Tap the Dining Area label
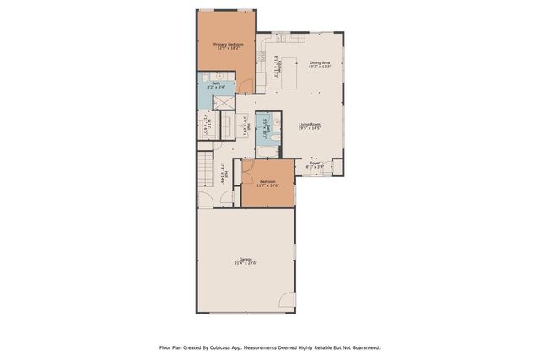click(320, 62)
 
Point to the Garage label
click(246, 259)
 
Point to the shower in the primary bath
click(224, 102)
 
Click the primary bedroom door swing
click(245, 85)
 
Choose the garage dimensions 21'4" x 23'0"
click(246, 264)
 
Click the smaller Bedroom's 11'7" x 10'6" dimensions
click(268, 186)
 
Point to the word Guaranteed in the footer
click(364, 347)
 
